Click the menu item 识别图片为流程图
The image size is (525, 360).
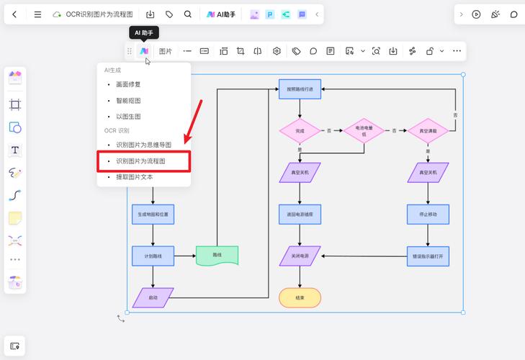coord(140,161)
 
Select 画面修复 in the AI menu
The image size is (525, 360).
coord(128,84)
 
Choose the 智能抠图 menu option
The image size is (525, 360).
coord(128,100)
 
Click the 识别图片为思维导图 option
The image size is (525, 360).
coord(143,145)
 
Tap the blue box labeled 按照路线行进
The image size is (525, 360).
coord(300,89)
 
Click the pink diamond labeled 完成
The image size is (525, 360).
coord(300,130)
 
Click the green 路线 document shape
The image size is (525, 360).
coord(217,256)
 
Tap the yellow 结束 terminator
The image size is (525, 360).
coord(300,297)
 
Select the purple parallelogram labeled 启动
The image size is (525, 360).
coord(153,297)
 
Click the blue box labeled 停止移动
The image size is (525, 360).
coord(428,215)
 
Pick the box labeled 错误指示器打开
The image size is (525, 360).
coord(428,256)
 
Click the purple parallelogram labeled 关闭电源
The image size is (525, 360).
coord(300,256)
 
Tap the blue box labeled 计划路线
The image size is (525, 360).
coord(153,256)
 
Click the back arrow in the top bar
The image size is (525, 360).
coord(14,14)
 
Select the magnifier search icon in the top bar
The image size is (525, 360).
coord(188,14)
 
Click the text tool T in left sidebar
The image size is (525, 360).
coord(15,150)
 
